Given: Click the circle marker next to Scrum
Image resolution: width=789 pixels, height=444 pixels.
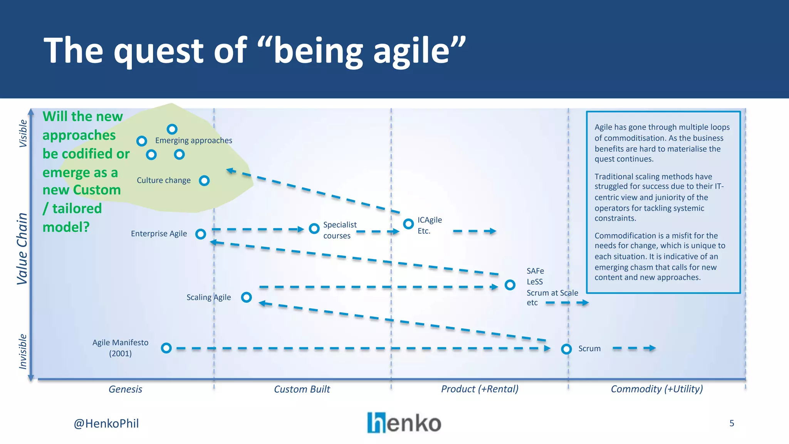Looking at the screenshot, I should (x=566, y=349).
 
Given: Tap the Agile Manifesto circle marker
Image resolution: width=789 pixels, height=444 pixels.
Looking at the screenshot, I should (x=166, y=348).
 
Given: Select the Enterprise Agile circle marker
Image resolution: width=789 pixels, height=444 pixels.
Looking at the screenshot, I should (x=200, y=234).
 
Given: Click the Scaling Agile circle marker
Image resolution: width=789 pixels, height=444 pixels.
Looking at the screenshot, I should (x=247, y=297).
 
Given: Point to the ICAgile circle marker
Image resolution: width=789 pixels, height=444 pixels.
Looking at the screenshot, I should (x=408, y=224).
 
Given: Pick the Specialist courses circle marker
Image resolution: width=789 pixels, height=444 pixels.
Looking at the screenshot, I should (x=314, y=229).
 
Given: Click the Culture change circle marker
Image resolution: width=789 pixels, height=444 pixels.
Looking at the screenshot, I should (x=204, y=180).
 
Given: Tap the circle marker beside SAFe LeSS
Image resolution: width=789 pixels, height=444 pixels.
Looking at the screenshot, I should (x=510, y=285).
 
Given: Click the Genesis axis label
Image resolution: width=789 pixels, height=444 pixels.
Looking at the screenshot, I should (x=125, y=389).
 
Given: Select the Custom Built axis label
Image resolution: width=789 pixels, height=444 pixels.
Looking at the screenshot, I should (x=302, y=389).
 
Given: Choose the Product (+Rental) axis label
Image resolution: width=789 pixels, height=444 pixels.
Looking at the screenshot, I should (x=480, y=389).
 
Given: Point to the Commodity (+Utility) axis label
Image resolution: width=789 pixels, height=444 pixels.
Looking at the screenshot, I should (x=657, y=389).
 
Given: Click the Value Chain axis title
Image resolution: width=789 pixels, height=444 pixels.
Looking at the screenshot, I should (x=22, y=249).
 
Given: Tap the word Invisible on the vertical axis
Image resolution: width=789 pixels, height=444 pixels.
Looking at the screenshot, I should (x=23, y=351).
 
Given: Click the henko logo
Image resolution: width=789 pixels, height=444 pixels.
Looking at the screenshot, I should (x=404, y=423).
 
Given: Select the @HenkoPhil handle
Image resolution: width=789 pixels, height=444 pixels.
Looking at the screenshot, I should (x=106, y=424).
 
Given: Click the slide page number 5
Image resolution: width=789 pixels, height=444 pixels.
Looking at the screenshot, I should (x=732, y=423).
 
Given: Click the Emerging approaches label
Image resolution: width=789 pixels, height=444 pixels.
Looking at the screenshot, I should (x=193, y=140).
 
